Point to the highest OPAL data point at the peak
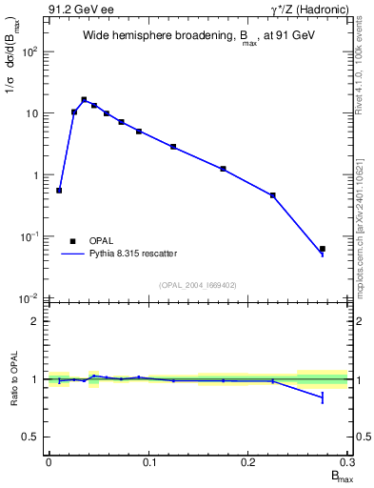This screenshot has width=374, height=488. (84, 99)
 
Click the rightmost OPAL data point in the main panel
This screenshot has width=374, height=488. (323, 249)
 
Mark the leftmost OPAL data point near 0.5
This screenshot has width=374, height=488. (59, 191)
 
